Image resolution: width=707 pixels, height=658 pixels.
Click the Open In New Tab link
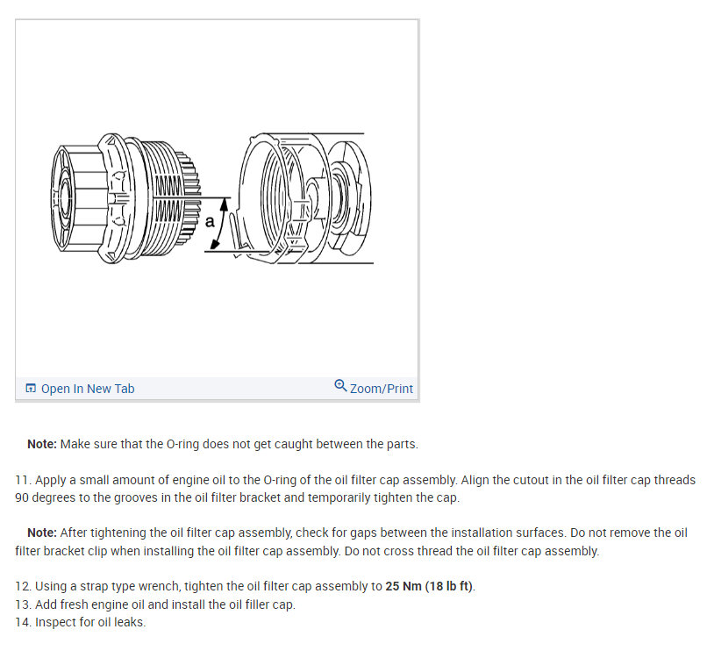point(87,389)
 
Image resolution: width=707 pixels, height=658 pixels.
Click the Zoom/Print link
point(381,389)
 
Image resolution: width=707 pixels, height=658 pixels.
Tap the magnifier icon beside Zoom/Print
point(340,386)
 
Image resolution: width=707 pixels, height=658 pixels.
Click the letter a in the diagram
point(210,221)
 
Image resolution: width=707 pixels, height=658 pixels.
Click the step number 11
point(22,481)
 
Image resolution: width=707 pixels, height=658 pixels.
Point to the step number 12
point(22,587)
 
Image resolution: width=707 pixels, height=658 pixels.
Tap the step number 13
point(22,605)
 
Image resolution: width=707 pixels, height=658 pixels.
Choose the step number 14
point(22,623)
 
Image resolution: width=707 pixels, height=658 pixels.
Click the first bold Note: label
point(42,444)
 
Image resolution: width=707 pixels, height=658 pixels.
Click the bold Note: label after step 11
point(42,533)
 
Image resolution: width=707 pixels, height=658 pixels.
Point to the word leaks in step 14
point(129,623)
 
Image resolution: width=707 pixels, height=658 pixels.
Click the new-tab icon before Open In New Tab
point(31,389)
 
